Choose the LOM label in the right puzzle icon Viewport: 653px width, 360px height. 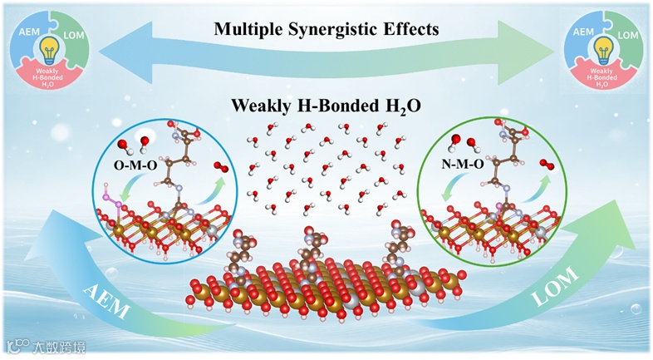click(x=629, y=35)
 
